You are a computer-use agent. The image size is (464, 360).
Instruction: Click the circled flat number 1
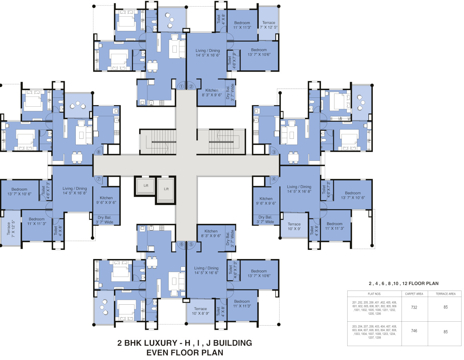coord(181,87)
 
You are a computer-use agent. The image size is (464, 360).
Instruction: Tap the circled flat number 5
coord(191,244)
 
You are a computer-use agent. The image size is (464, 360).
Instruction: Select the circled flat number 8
coord(99,152)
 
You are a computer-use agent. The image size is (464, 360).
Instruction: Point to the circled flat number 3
coord(274,152)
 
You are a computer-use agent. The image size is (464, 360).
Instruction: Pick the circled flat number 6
coord(181,244)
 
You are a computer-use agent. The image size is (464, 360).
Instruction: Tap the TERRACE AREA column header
coord(445,294)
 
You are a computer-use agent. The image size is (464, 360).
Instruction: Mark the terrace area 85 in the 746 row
coord(445,331)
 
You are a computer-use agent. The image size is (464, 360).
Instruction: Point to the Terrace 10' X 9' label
coord(294,226)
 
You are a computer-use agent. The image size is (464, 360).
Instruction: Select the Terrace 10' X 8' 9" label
coord(201,311)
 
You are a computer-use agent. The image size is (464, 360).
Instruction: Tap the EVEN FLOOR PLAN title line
coord(185,352)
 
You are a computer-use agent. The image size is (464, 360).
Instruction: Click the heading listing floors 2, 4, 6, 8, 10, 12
coord(403,283)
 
